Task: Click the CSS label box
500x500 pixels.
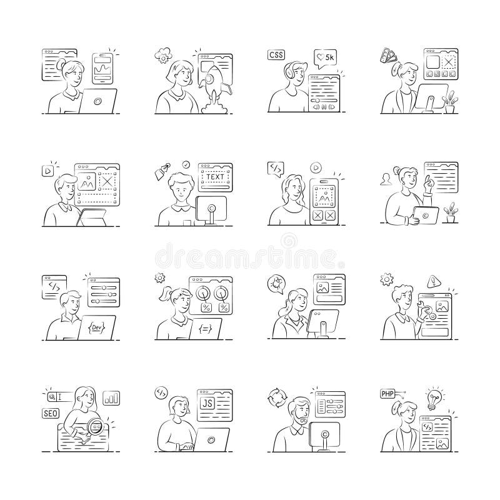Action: (x=276, y=54)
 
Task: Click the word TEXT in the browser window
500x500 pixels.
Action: (x=214, y=177)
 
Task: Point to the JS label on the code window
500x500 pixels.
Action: (x=206, y=402)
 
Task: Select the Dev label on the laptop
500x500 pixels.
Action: (x=96, y=327)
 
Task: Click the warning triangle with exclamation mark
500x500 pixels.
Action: (x=432, y=280)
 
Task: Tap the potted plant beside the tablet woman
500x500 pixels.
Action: (x=449, y=212)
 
